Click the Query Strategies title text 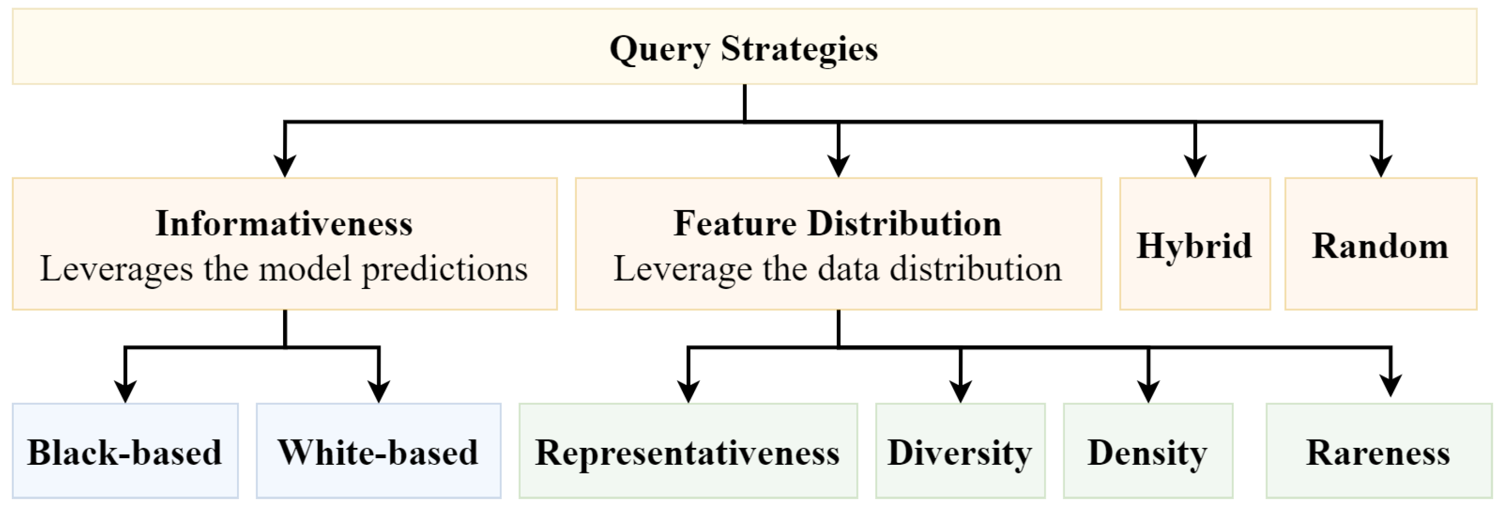coord(743,48)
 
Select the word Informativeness coord(284,223)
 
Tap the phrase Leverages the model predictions coord(284,269)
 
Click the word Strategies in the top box coord(799,48)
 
